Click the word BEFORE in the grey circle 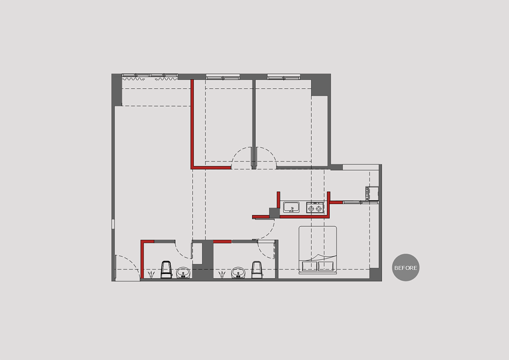(x=406, y=268)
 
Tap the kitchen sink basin (x=291, y=207)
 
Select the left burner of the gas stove (x=311, y=208)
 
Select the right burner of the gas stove (x=319, y=208)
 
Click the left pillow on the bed (x=310, y=266)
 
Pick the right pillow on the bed (x=326, y=266)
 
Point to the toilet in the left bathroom (x=166, y=270)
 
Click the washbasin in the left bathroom (x=183, y=273)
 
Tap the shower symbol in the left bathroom (x=151, y=275)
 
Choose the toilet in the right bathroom (x=257, y=270)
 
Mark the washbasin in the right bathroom (x=238, y=273)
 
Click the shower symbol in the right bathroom (x=222, y=275)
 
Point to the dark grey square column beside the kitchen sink (x=274, y=213)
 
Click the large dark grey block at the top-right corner (x=321, y=84)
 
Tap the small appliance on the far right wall (x=372, y=193)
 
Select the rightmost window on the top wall (x=284, y=77)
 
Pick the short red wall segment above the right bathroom (x=222, y=242)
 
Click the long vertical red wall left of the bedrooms (x=192, y=124)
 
